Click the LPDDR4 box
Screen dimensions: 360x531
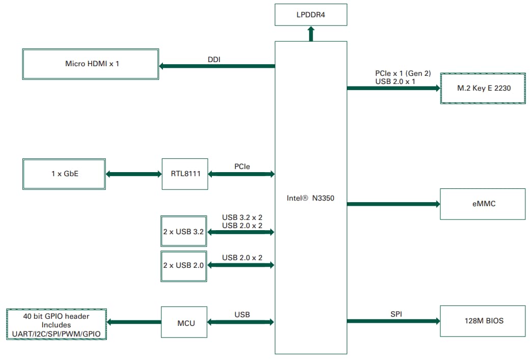pyautogui.click(x=311, y=15)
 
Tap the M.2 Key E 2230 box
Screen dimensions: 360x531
pyautogui.click(x=482, y=88)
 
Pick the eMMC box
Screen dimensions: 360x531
pyautogui.click(x=482, y=204)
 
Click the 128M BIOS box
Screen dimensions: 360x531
pyautogui.click(x=482, y=321)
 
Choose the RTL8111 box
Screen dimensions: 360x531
pyautogui.click(x=185, y=174)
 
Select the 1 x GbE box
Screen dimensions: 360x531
pyautogui.click(x=64, y=174)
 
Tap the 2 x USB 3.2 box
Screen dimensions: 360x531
pyautogui.click(x=183, y=232)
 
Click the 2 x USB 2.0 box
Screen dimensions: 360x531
pyautogui.click(x=183, y=265)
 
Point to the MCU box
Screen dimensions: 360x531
pyautogui.click(x=184, y=322)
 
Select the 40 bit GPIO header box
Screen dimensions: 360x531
pyautogui.click(x=57, y=324)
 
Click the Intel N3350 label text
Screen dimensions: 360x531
pyautogui.click(x=311, y=198)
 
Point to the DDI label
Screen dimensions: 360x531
pyautogui.click(x=214, y=60)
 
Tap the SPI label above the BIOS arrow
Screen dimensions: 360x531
pyautogui.click(x=396, y=314)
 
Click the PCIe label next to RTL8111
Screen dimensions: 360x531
pyautogui.click(x=242, y=167)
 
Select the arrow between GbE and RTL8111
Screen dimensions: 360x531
pyautogui.click(x=134, y=174)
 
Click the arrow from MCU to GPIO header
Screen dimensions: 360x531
pyautogui.click(x=134, y=322)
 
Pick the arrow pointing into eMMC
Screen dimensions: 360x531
pyautogui.click(x=393, y=204)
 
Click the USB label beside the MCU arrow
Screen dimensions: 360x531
pyautogui.click(x=242, y=315)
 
